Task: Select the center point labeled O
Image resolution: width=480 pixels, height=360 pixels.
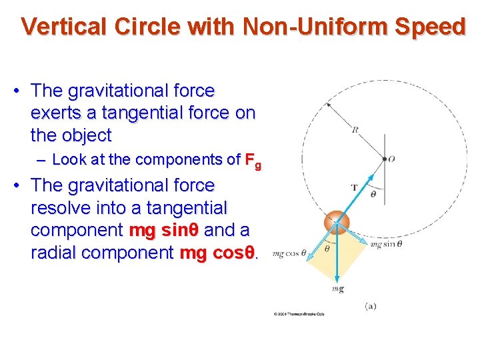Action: pos(392,159)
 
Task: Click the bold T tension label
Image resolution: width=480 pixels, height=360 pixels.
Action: pos(355,187)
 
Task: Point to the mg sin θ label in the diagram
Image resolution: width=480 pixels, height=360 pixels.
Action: pos(386,245)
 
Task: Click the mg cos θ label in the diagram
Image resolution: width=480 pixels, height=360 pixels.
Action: pos(290,253)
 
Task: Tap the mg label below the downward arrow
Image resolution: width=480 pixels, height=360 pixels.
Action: pos(337,289)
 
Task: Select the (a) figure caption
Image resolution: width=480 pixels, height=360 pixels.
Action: pos(371,306)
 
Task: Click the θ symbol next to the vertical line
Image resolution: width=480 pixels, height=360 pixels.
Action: pos(373,194)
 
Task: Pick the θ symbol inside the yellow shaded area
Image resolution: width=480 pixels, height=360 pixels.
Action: pos(327,249)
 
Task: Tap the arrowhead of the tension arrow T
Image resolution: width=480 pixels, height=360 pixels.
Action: pos(381,164)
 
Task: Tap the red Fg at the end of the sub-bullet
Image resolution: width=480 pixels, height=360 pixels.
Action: pos(253,161)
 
